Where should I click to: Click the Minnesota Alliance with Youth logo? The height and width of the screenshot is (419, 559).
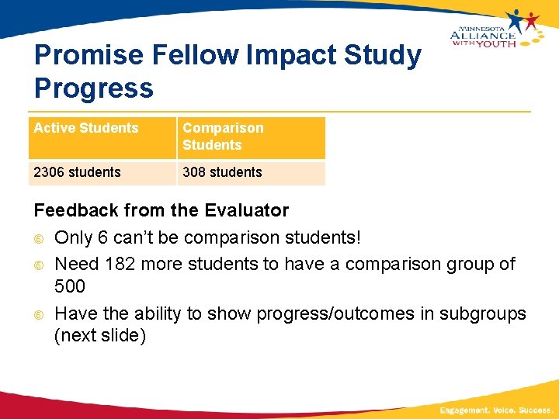(494, 29)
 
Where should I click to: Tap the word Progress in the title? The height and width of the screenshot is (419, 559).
(94, 88)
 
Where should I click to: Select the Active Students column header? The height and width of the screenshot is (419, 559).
(86, 128)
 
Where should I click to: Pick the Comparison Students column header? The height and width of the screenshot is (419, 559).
(223, 137)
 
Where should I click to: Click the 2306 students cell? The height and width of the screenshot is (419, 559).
(77, 172)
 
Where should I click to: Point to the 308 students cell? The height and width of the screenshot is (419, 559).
(222, 172)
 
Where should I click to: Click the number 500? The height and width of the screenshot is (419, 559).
(70, 286)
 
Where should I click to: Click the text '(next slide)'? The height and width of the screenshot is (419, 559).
(100, 336)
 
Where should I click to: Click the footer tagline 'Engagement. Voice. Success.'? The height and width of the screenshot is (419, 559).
(495, 409)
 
